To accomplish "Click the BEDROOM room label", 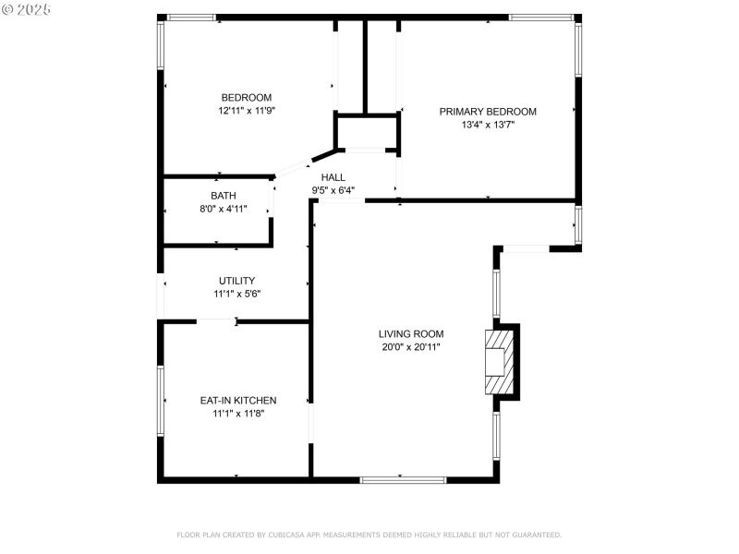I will click(246, 98).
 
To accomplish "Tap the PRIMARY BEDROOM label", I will click(487, 112).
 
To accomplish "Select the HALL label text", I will click(333, 177).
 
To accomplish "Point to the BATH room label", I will click(223, 196).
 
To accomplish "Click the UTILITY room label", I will click(236, 281).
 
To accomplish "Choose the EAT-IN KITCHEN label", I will click(238, 401).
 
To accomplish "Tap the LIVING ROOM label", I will click(410, 334).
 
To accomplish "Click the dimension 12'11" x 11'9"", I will click(246, 111).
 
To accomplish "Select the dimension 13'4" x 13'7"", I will click(487, 125).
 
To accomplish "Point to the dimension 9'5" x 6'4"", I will click(333, 190).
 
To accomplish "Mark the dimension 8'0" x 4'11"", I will click(223, 209).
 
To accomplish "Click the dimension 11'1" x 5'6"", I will click(236, 294).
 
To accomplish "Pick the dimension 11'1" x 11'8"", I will click(238, 414).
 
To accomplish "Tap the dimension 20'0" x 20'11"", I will click(410, 347).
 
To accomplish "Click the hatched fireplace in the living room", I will click(497, 361).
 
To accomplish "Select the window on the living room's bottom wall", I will click(403, 479).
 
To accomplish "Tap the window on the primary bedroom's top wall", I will click(541, 17).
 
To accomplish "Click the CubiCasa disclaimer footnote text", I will click(369, 535).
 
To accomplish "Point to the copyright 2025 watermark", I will click(27, 8).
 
